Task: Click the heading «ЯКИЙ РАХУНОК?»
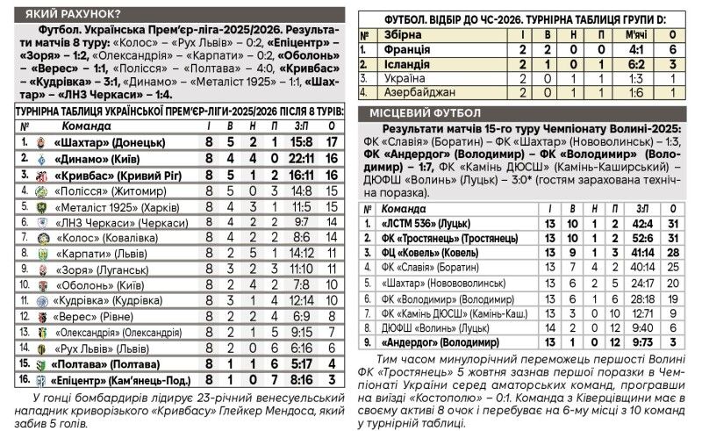click(73, 12)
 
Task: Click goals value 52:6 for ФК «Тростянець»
click(642, 239)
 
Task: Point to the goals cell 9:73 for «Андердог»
click(643, 342)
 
